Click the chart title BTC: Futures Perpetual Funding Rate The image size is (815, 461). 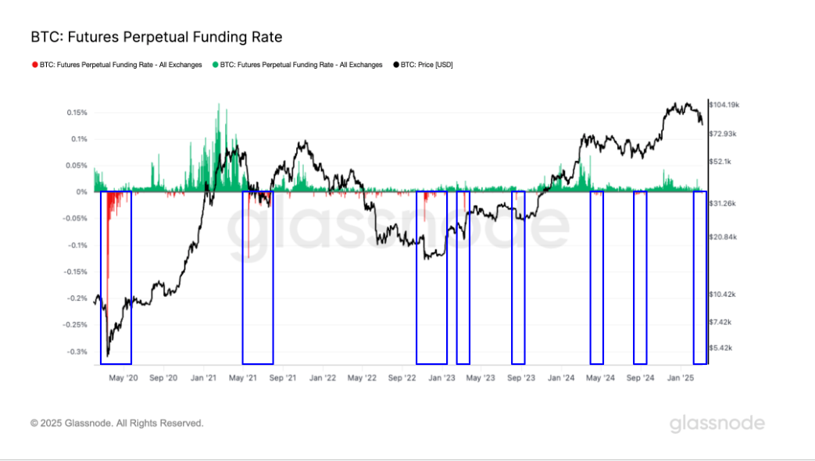156,37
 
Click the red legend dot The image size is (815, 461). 34,65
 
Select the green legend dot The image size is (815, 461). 215,65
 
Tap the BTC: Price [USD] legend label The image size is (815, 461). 426,65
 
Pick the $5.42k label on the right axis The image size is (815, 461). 720,348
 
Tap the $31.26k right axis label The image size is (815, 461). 723,203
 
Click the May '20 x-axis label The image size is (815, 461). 123,377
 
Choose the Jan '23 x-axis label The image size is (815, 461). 440,377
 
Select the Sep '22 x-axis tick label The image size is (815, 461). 402,377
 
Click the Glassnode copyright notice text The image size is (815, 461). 117,423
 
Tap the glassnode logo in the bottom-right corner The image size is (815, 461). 717,423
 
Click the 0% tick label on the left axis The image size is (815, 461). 81,192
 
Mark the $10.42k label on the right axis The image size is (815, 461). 723,295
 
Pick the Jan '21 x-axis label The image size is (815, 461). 203,377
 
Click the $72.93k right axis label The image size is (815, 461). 723,134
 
